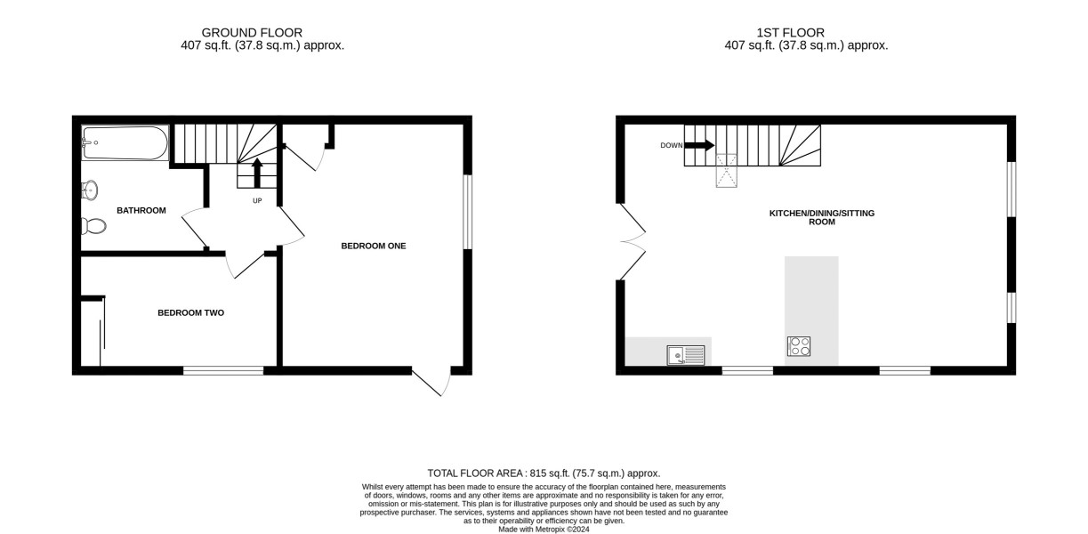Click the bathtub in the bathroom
[x=125, y=143]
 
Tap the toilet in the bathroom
[x=93, y=226]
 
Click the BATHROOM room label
[x=141, y=210]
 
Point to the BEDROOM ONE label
[x=374, y=246]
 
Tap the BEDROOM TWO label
[x=191, y=313]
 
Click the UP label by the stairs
[x=257, y=200]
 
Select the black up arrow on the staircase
[x=257, y=173]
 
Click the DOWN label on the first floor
[x=672, y=145]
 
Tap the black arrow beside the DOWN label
[x=699, y=145]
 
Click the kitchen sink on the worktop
[x=686, y=355]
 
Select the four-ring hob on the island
[x=799, y=346]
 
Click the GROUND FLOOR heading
[x=252, y=33]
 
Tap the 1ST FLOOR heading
[x=790, y=33]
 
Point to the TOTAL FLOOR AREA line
[x=544, y=473]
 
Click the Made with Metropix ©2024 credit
[x=544, y=530]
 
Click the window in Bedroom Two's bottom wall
[x=223, y=371]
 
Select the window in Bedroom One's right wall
[x=467, y=212]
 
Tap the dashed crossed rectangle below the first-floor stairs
[x=726, y=171]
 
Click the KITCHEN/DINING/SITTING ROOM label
[x=822, y=217]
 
